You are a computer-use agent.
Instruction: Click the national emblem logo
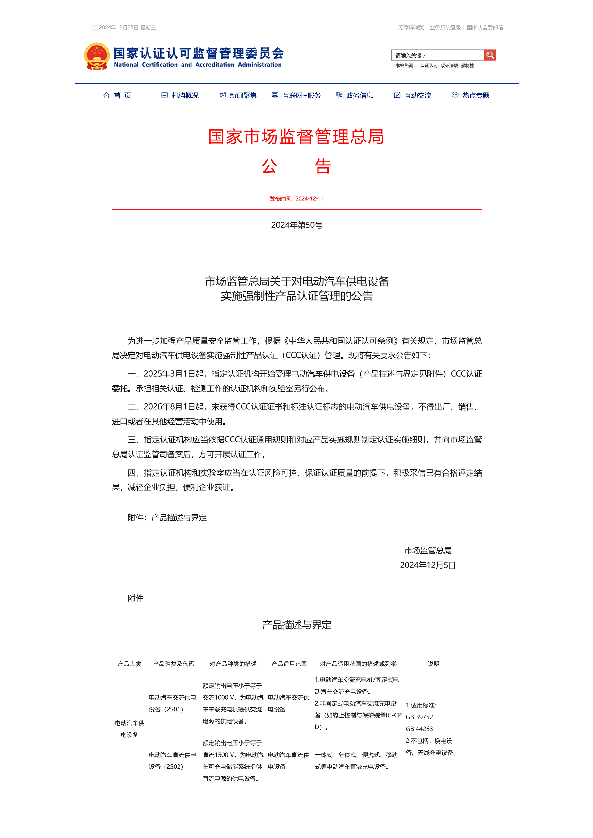coord(97,56)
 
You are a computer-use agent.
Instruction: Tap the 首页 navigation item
coord(118,96)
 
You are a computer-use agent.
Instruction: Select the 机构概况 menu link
coord(180,96)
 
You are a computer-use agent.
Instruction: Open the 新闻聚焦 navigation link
coord(238,96)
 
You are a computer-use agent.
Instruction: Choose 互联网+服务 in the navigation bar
coord(297,96)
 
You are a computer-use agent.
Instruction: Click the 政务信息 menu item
coord(355,96)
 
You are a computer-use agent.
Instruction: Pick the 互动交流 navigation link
coord(413,96)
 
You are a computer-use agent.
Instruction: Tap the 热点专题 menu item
coord(471,96)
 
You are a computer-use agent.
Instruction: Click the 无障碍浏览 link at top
coord(411,28)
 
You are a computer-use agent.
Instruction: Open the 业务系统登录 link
coord(445,28)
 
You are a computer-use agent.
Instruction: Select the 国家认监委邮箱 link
coord(485,28)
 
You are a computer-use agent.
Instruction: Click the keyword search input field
coord(437,56)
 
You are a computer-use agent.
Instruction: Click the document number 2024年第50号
coord(296,225)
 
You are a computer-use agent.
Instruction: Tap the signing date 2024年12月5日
coord(427,565)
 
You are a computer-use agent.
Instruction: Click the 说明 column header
coord(433,664)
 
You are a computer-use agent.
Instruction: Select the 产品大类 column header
coord(129,664)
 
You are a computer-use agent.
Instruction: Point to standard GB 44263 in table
coord(419,729)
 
